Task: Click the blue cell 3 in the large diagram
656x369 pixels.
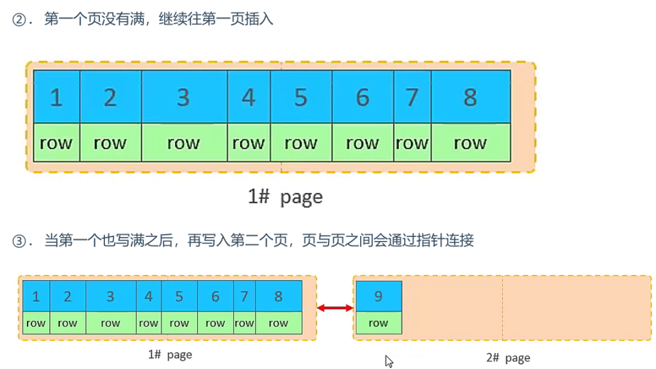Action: pos(184,97)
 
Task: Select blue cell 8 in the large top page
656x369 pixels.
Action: pos(470,97)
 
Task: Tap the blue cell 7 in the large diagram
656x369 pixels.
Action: pos(412,97)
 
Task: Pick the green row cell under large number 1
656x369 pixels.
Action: pos(56,143)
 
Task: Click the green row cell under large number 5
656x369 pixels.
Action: pos(300,143)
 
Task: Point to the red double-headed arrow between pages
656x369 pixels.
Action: pos(335,308)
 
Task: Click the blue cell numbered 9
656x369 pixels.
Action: pos(378,297)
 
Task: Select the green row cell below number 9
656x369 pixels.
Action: pos(378,323)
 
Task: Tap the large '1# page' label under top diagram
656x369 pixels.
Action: pos(285,197)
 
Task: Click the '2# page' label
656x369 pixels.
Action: pos(508,357)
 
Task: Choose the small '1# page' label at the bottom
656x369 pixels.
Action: pos(170,354)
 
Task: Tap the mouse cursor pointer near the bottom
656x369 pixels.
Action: pos(388,361)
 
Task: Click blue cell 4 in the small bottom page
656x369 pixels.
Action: pos(149,297)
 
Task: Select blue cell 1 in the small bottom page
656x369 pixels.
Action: pos(36,297)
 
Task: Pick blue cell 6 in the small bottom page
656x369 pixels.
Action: pos(215,297)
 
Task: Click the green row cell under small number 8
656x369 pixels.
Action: pos(278,323)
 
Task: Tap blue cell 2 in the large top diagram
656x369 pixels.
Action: pos(110,97)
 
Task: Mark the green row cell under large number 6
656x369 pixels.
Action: pos(363,143)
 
